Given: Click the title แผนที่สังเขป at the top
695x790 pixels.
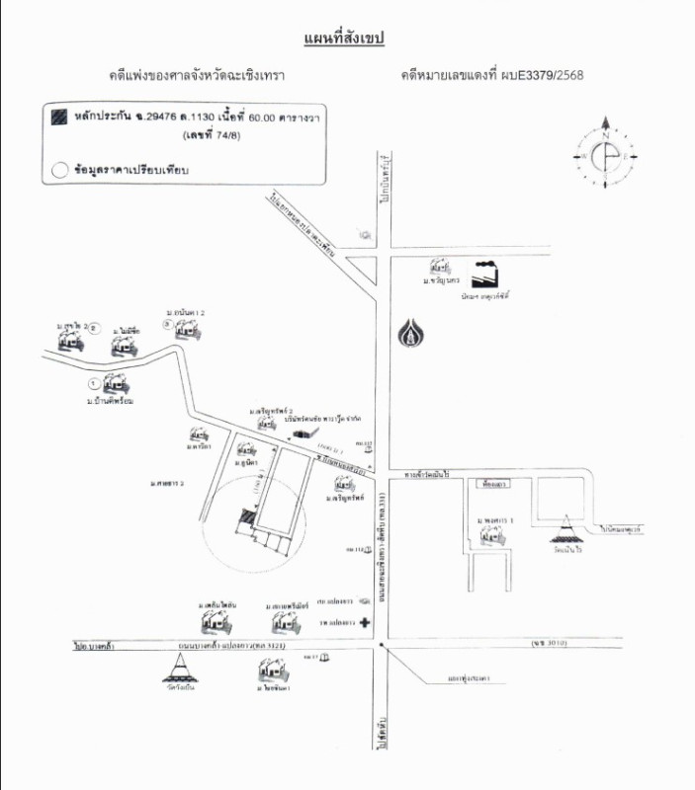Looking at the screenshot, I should coord(343,39).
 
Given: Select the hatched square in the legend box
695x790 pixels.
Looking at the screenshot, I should coord(60,117).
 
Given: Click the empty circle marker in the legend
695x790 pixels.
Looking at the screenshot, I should coord(59,169).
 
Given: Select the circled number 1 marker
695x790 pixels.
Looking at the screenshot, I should coord(93,382).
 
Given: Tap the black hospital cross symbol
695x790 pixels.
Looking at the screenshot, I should coord(364,624).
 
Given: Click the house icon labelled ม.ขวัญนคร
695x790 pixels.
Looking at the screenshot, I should coord(438,268).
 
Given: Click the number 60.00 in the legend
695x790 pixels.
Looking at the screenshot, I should coord(236,118).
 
